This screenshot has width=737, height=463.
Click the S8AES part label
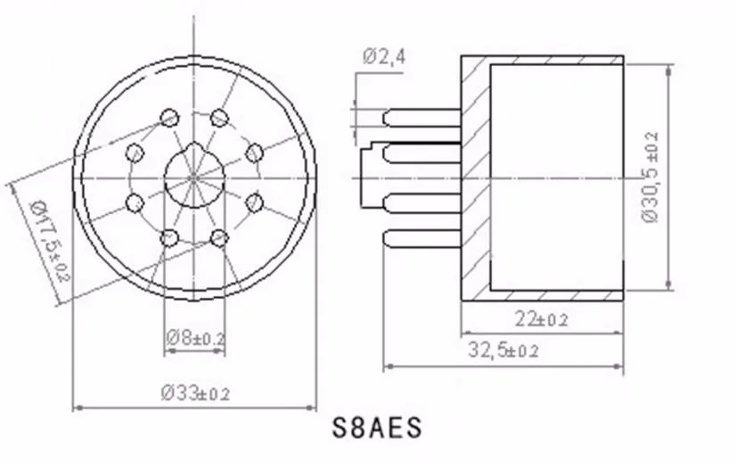pyautogui.click(x=377, y=428)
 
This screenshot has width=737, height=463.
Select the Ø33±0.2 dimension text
pyautogui.click(x=195, y=393)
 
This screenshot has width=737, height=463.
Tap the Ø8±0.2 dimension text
pyautogui.click(x=195, y=337)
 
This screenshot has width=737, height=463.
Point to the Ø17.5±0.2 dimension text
pyautogui.click(x=50, y=241)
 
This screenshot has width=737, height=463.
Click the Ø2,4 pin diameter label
pyautogui.click(x=383, y=57)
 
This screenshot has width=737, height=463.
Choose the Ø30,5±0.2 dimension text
pyautogui.click(x=651, y=178)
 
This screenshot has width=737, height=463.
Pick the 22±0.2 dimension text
pyautogui.click(x=542, y=319)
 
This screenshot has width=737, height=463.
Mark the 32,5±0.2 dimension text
pyautogui.click(x=503, y=350)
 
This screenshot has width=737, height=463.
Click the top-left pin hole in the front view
pyautogui.click(x=169, y=118)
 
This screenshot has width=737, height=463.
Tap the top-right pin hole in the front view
pyautogui.click(x=219, y=118)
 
